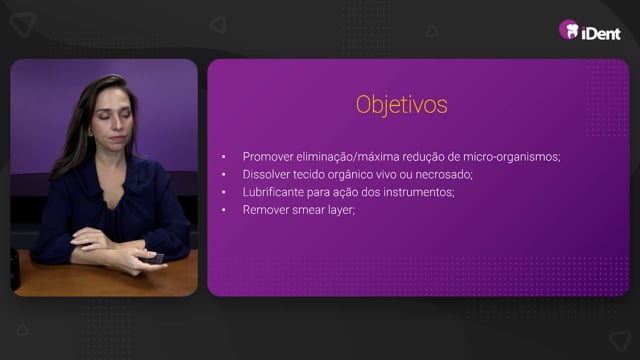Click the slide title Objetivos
pyautogui.click(x=402, y=105)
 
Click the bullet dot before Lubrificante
pyautogui.click(x=224, y=192)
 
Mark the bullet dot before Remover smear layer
pyautogui.click(x=224, y=210)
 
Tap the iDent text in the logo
pyautogui.click(x=601, y=33)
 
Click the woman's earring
pyautogui.click(x=90, y=132)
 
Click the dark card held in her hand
pyautogui.click(x=153, y=258)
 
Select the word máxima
pyautogui.click(x=378, y=157)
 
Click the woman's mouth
pyautogui.click(x=117, y=139)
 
